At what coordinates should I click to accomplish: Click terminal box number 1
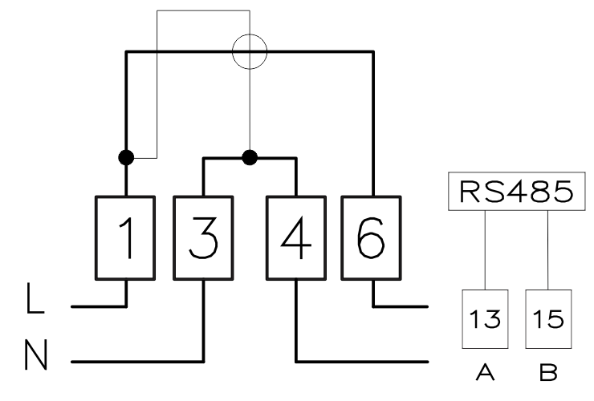coord(125,238)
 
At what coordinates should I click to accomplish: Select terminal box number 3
coord(203,238)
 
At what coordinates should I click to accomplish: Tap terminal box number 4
coord(296,238)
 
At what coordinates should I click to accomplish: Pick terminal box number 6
coord(371,238)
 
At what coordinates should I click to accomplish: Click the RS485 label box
coord(517,191)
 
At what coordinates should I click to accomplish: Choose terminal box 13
coord(485,319)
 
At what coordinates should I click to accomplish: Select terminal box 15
coord(548,319)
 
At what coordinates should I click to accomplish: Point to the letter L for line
coord(35,298)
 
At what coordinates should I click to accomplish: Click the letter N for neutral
coord(35,354)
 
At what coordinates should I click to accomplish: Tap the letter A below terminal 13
coord(486,372)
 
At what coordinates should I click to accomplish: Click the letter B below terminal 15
coord(548,372)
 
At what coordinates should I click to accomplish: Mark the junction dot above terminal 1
coord(126,157)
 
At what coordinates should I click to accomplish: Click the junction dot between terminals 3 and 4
coord(250,157)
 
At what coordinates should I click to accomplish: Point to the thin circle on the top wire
coord(232,51)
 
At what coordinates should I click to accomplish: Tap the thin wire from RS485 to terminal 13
coord(485,250)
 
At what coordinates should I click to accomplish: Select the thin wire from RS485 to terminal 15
coord(547,250)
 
